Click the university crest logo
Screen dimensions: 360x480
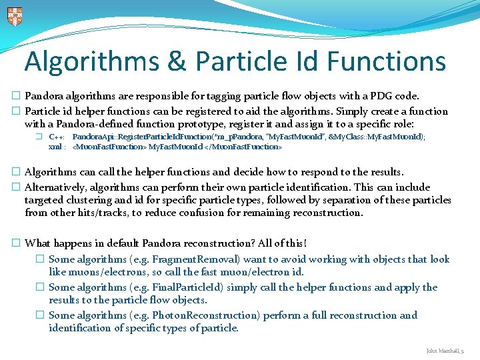tap(14, 16)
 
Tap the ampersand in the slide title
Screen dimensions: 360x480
tap(176, 61)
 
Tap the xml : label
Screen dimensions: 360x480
tap(57, 146)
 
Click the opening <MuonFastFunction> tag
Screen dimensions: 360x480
tap(109, 146)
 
